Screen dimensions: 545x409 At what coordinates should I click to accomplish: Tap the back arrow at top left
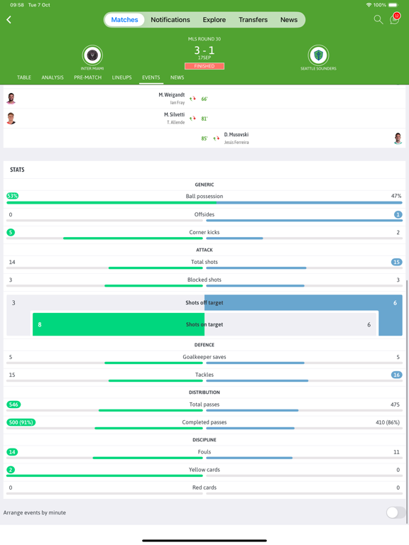pos(9,20)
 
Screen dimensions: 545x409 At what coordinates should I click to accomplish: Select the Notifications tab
pos(170,20)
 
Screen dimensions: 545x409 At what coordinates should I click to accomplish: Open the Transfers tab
pos(253,20)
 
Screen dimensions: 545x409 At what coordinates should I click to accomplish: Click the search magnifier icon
pos(378,20)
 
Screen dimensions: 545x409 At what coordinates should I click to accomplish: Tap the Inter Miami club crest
pos(92,55)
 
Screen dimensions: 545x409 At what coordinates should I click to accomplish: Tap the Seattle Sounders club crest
pos(318,55)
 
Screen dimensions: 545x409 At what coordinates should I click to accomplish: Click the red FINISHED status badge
pos(204,66)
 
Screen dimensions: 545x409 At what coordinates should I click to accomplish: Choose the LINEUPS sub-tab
pos(121,77)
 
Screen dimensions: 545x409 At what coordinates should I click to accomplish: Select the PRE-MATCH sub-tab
pos(87,77)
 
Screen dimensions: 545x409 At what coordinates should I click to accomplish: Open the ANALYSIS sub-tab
pos(53,77)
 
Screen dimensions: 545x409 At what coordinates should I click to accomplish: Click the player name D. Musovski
pos(236,134)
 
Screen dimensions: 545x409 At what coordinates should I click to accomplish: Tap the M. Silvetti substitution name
pos(174,114)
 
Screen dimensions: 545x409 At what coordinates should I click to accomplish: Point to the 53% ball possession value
pos(12,196)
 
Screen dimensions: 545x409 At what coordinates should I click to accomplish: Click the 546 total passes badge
pos(13,404)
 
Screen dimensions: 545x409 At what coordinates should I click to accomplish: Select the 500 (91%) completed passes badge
pos(21,422)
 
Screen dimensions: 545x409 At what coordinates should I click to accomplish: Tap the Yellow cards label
pos(204,470)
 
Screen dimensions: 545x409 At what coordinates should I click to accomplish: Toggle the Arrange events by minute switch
pos(396,512)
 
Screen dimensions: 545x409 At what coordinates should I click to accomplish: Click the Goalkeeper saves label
pos(204,357)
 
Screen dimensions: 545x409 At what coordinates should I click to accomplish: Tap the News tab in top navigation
pos(289,20)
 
